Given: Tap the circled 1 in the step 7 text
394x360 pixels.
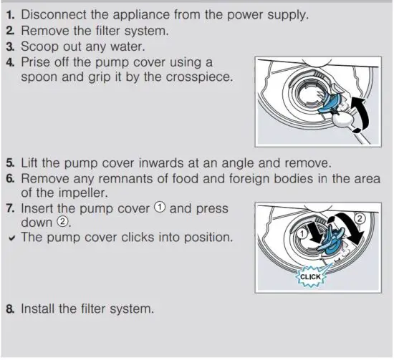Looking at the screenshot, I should pos(158,208).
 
